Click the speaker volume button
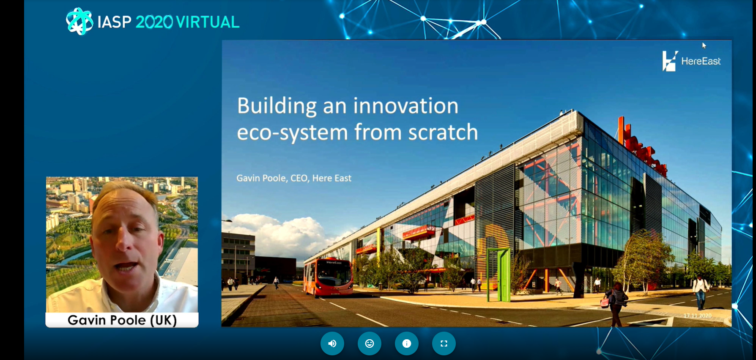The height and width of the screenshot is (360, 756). click(332, 344)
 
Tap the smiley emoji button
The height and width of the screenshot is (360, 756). click(370, 344)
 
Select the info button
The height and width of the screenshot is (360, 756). click(407, 344)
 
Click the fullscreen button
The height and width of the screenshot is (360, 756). click(444, 344)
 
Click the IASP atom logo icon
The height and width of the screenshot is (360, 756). click(79, 21)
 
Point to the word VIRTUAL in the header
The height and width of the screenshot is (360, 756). click(208, 22)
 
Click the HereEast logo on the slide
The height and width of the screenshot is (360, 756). click(691, 61)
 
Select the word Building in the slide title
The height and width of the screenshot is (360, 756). click(277, 106)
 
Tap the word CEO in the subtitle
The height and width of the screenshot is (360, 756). click(299, 178)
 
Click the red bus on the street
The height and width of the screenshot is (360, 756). click(328, 277)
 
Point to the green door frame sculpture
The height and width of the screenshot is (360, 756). click(499, 275)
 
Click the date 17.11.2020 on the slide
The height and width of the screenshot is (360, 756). click(698, 316)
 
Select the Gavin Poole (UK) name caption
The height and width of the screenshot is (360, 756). click(122, 320)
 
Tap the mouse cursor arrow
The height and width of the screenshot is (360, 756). click(704, 45)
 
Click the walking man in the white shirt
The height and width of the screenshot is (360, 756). click(700, 292)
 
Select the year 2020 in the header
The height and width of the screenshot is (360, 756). click(154, 22)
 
